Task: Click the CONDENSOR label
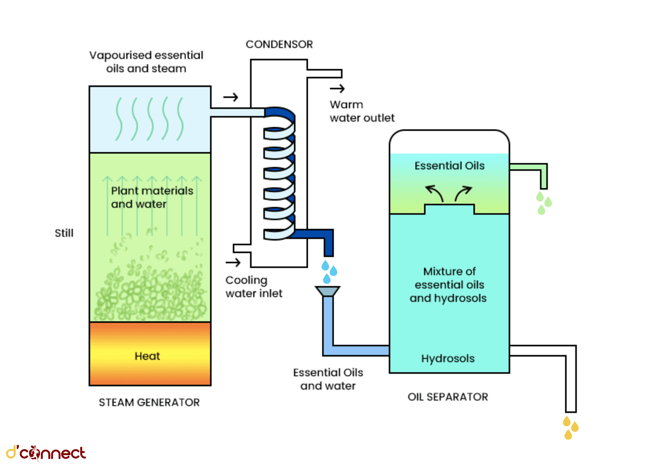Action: [x=279, y=44]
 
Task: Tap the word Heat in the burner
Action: [x=147, y=356]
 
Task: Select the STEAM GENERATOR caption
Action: [x=149, y=402]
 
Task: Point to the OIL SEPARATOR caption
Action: [x=448, y=397]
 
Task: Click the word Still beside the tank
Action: [x=64, y=233]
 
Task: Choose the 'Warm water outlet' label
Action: [x=362, y=111]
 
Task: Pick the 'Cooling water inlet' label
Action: [x=254, y=286]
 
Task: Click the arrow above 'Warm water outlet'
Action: [x=337, y=88]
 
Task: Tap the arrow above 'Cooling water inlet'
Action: [x=233, y=262]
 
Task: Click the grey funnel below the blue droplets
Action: [x=328, y=291]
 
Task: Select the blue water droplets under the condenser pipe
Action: [x=329, y=272]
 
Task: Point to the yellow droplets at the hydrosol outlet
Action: [x=570, y=428]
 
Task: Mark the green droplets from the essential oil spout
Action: [x=543, y=203]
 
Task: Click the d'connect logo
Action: [x=46, y=453]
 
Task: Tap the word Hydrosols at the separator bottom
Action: [x=448, y=358]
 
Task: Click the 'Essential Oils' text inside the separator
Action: [x=449, y=165]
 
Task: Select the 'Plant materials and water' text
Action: [x=152, y=197]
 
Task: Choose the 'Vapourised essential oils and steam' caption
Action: [x=146, y=62]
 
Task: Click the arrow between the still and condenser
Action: [x=231, y=97]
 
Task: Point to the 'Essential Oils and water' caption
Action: [x=328, y=379]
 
